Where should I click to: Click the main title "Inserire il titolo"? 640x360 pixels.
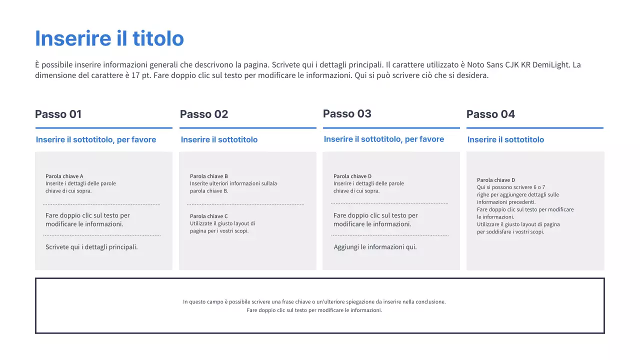(x=109, y=38)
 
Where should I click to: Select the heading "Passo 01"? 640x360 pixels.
(x=58, y=114)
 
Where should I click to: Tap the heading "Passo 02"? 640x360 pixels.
(x=204, y=114)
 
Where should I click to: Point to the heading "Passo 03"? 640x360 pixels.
(x=347, y=114)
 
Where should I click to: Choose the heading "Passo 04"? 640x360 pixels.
(x=490, y=114)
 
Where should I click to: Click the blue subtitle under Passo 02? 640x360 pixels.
(x=219, y=140)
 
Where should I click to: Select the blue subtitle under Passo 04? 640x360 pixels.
(x=505, y=140)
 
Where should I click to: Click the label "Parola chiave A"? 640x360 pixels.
(x=64, y=176)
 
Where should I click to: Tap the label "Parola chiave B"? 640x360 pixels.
(x=209, y=176)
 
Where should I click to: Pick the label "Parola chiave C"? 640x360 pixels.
(x=209, y=216)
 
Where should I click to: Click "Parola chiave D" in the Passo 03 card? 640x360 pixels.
(x=352, y=176)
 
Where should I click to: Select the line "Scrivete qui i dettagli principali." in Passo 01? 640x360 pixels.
(x=91, y=247)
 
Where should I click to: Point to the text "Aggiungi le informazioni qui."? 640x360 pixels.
(x=375, y=247)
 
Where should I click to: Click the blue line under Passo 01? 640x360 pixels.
(x=103, y=128)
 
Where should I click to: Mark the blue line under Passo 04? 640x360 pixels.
(x=535, y=128)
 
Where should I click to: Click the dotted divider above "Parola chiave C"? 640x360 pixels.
(x=245, y=204)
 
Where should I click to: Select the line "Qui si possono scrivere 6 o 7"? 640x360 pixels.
(x=511, y=187)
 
